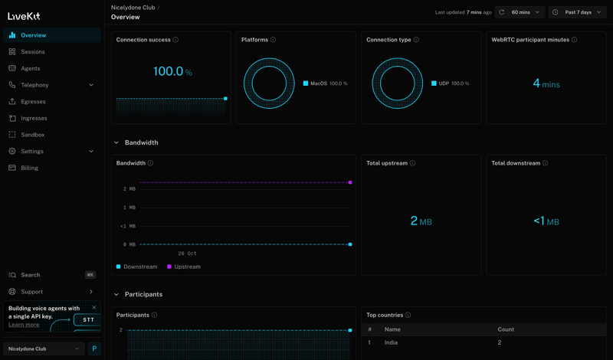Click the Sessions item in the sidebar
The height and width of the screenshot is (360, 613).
point(32,52)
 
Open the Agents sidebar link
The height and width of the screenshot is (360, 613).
point(31,68)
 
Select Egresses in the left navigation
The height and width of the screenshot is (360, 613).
point(33,101)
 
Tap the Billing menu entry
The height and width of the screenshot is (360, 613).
point(29,168)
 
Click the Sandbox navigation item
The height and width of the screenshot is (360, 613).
point(32,135)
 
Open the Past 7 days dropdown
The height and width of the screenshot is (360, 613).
point(578,12)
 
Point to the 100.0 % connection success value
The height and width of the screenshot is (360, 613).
point(172,71)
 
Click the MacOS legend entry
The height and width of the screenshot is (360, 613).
point(318,83)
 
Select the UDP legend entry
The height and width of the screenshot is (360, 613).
point(444,83)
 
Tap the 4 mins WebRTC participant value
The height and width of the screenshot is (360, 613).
point(546,83)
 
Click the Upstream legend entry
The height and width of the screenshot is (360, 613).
point(186,267)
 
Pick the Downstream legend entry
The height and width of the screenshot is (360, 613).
point(139,267)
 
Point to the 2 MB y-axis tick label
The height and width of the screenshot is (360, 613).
point(129,188)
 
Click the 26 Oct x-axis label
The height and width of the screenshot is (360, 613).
point(187,253)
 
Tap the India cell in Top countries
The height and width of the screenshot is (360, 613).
point(391,342)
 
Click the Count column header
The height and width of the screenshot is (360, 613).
point(506,329)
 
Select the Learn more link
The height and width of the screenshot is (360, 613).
point(24,325)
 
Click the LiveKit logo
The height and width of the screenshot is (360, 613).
point(24,16)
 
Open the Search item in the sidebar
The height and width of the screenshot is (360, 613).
point(31,275)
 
